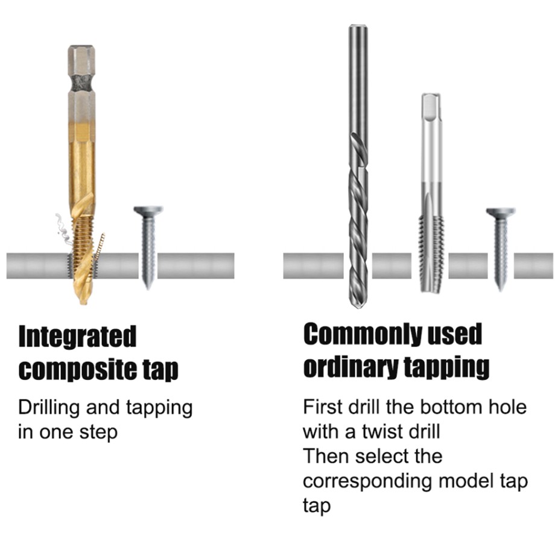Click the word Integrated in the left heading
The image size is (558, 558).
[77, 337]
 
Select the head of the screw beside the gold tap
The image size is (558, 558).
[148, 211]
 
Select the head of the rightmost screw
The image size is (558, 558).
[500, 212]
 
